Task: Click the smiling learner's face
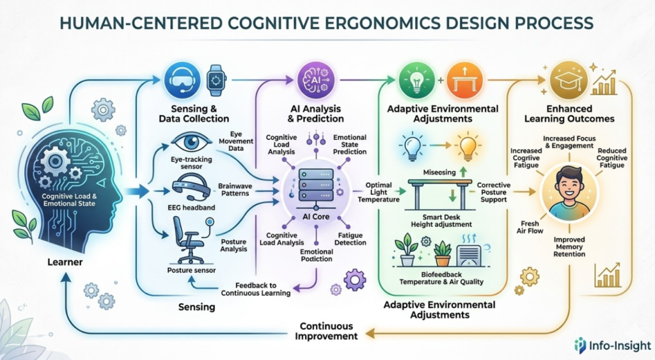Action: (x=570, y=185)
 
